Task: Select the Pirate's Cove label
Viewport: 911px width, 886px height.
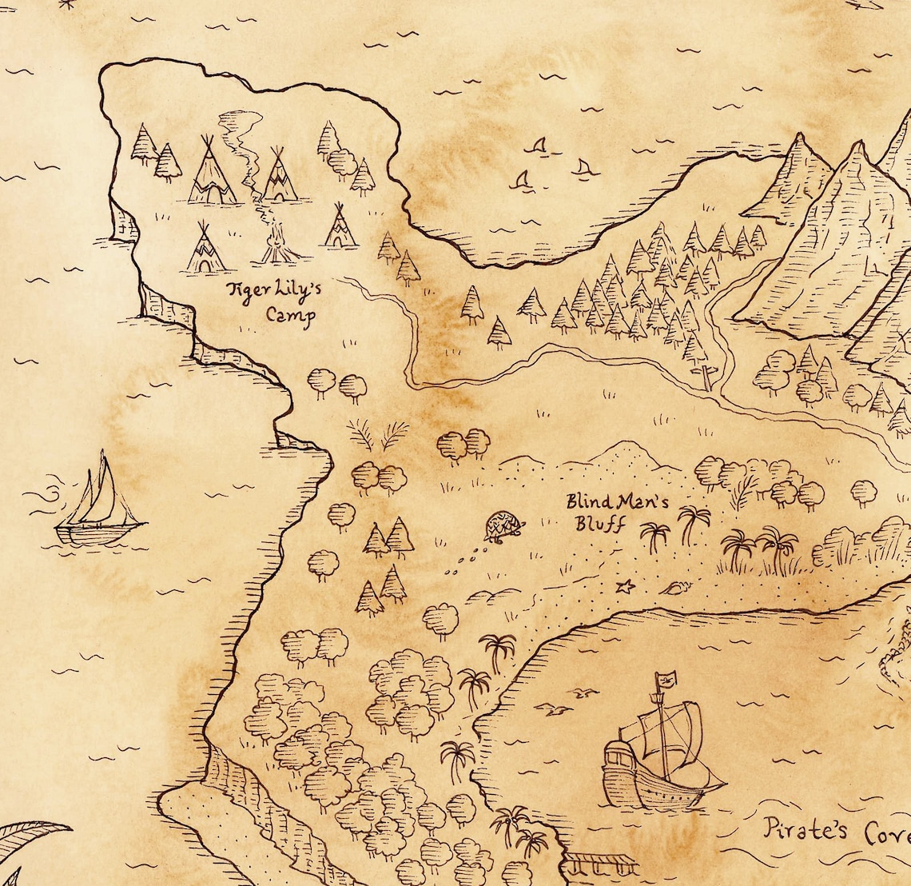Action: point(836,832)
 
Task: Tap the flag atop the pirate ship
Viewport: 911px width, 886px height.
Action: point(666,680)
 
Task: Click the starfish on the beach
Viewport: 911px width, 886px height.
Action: point(625,587)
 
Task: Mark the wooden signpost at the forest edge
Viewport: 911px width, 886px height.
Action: point(705,376)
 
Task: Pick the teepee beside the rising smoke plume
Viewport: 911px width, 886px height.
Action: point(279,176)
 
